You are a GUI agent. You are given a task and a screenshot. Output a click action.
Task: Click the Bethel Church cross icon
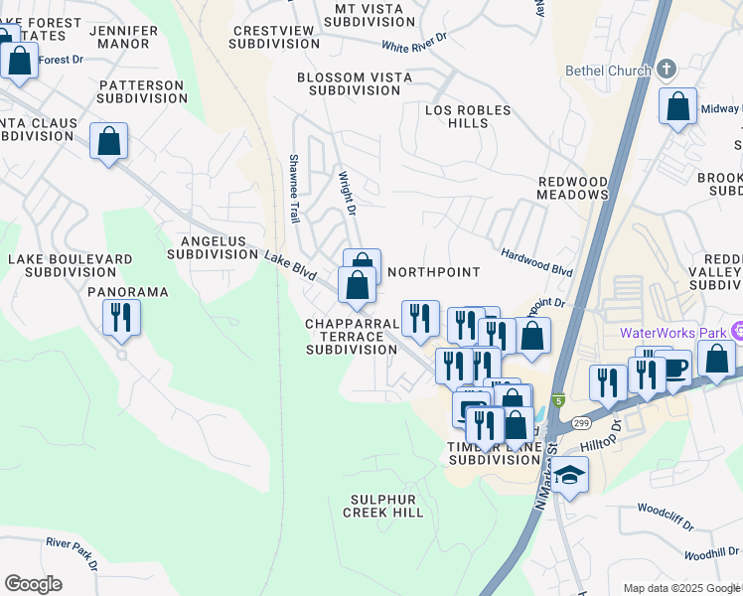(x=667, y=70)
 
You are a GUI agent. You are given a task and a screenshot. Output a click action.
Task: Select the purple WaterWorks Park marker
(x=736, y=331)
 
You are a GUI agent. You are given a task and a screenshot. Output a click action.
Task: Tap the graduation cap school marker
(x=571, y=476)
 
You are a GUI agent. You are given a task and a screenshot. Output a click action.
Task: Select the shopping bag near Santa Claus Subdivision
(x=109, y=141)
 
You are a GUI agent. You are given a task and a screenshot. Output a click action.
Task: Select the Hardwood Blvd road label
(x=537, y=262)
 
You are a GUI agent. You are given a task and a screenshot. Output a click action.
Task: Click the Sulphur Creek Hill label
(x=383, y=506)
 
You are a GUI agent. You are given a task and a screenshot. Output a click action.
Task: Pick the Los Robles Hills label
(x=468, y=116)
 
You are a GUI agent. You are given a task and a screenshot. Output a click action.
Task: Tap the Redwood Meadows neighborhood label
(x=572, y=188)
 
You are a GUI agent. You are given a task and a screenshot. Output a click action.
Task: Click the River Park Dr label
(x=73, y=553)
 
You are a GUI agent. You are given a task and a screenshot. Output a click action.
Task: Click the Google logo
(x=33, y=584)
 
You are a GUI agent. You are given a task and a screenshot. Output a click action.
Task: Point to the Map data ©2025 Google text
(x=680, y=588)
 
